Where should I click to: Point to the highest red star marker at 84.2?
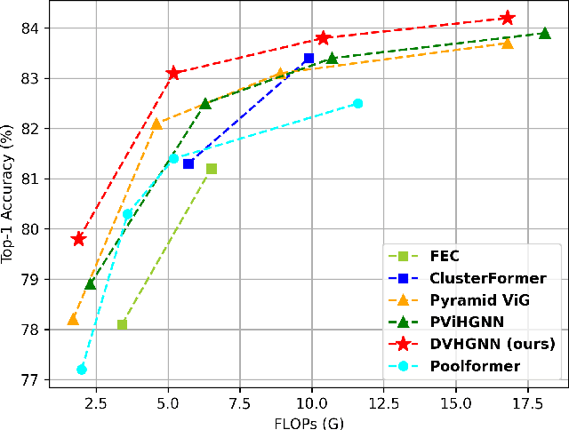[507, 18]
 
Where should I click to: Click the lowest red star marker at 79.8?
[78, 239]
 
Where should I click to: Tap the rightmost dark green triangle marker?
[544, 33]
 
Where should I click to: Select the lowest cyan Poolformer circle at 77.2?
[82, 370]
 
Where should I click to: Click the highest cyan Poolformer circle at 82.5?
[358, 103]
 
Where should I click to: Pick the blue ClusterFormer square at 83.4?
[309, 59]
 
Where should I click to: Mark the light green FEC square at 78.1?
[122, 324]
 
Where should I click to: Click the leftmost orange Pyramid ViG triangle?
[73, 319]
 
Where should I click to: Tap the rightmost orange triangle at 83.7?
[507, 43]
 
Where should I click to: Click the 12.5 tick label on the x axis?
[384, 402]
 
